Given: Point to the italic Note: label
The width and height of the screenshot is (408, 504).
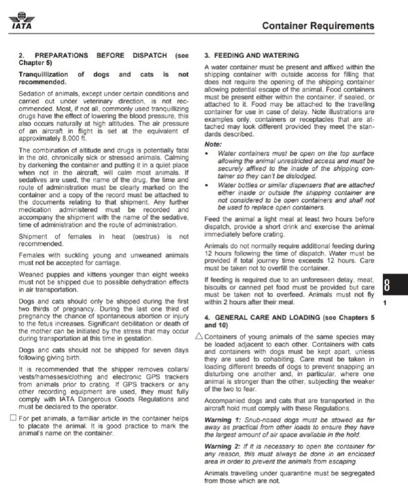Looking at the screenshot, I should click(213, 144).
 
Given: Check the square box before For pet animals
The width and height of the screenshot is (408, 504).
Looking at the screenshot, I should click(13, 418).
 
